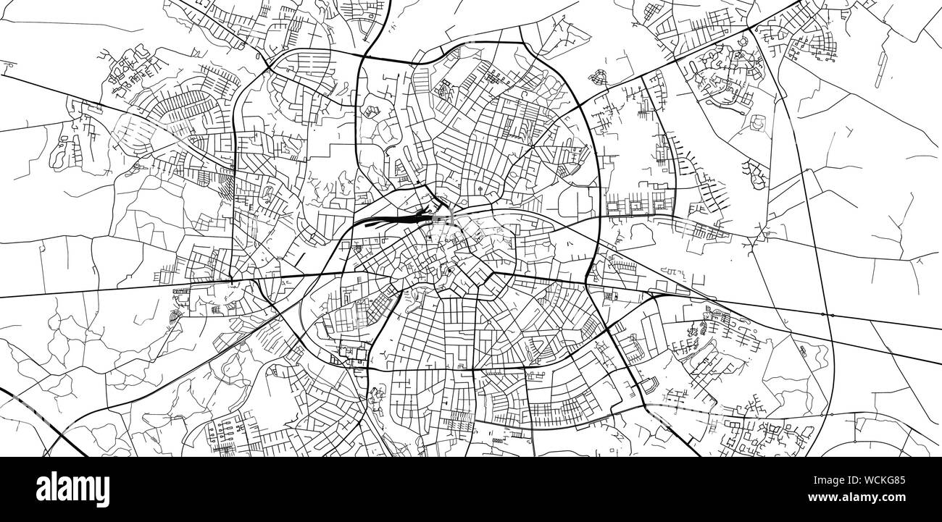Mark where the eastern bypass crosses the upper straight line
pyautogui.click(x=827, y=315)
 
